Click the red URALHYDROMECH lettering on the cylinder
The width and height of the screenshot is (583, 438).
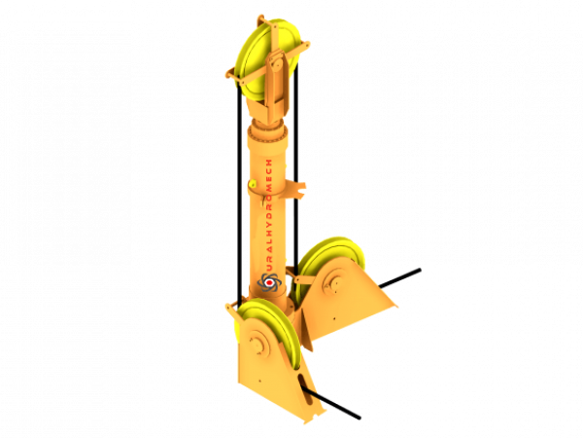(x=269, y=215)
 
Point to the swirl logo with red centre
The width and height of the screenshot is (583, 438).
(x=269, y=282)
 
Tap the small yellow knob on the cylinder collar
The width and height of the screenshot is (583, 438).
(x=253, y=184)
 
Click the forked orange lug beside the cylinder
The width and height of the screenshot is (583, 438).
(x=295, y=188)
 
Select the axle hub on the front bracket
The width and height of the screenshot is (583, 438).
(x=257, y=343)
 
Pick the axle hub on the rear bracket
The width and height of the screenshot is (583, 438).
(x=332, y=284)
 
